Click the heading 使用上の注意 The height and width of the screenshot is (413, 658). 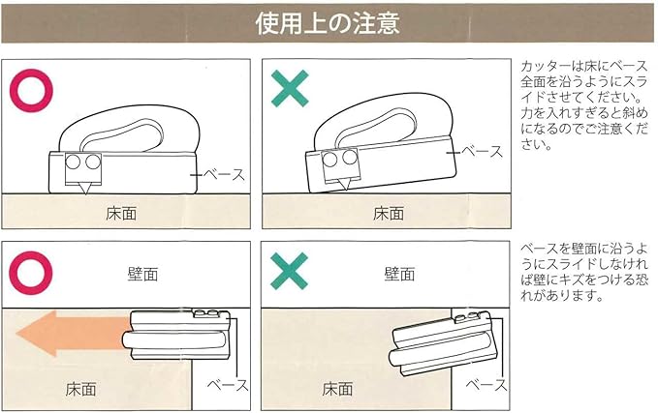[328, 23]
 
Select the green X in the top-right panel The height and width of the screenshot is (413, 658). [290, 88]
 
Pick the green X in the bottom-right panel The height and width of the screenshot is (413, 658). [289, 271]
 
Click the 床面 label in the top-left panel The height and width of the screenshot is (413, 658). [121, 214]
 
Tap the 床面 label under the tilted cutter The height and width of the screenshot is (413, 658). [389, 213]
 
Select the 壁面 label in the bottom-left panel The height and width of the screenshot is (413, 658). [142, 275]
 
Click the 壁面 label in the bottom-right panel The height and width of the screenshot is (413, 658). [399, 274]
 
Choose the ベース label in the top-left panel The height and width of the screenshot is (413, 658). [225, 174]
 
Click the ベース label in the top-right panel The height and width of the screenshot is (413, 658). [483, 151]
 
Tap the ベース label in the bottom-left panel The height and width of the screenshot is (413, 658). [228, 385]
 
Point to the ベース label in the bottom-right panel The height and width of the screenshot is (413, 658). [486, 385]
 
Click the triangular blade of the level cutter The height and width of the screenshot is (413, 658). [85, 188]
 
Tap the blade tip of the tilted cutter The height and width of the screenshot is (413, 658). [346, 190]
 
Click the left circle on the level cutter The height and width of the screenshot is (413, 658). [73, 162]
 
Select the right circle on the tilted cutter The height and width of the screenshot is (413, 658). [349, 157]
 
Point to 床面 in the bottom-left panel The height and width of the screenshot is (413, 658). [80, 389]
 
